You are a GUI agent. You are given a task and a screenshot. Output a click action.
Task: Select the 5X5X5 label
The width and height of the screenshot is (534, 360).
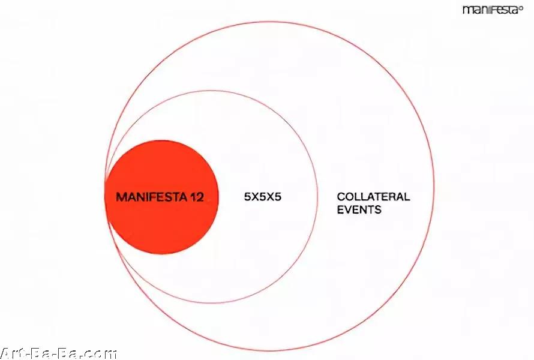point(263,197)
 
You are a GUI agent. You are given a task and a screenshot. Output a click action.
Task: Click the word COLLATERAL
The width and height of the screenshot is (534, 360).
point(373,197)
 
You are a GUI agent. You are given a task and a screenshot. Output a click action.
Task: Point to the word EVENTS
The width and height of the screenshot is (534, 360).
point(359,209)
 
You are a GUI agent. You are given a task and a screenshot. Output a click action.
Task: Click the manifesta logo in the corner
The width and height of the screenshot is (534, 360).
point(493,10)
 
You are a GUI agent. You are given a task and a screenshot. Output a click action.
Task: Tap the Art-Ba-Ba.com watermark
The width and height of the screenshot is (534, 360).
point(59,353)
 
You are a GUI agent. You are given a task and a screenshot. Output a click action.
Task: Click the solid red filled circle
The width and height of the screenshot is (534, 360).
point(161,197)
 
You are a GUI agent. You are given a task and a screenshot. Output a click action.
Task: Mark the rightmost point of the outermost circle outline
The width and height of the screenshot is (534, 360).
point(434,186)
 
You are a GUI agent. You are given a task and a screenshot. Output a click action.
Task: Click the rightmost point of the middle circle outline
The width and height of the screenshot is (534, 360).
point(317,197)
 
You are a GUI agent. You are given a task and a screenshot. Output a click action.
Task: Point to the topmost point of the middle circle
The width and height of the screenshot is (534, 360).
point(211,91)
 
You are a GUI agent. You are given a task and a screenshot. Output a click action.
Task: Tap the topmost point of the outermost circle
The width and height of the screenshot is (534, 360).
point(269,22)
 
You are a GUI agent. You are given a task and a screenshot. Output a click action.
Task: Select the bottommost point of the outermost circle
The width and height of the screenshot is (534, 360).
point(269,350)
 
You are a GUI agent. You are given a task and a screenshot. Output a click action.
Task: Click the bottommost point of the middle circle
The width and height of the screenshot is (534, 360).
point(211,303)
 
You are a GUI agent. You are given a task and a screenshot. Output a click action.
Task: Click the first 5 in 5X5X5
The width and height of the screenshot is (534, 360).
point(248,197)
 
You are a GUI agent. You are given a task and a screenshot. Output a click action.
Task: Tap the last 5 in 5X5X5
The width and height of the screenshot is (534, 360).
point(278,197)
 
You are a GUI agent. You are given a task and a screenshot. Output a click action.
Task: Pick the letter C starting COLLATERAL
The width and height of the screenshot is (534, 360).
point(341,197)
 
